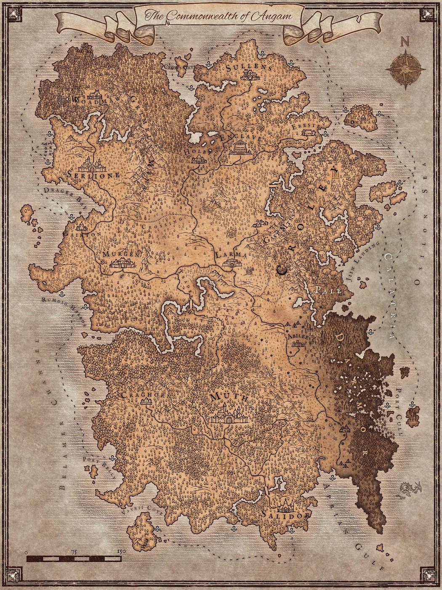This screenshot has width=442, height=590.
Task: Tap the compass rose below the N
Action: [x=406, y=69]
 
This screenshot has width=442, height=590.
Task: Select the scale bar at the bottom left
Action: [x=74, y=559]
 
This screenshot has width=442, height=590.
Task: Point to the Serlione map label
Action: [x=93, y=174]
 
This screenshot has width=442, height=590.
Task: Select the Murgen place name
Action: [x=120, y=254]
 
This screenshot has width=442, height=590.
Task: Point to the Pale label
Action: [x=324, y=290]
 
